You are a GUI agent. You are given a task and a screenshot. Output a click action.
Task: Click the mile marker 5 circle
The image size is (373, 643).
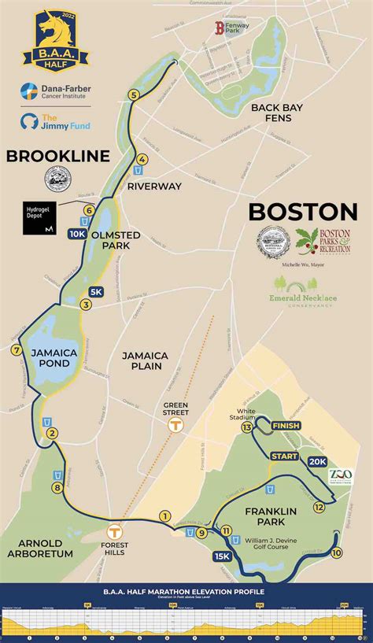(x=134, y=95)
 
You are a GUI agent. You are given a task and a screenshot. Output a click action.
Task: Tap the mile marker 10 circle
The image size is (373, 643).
(x=337, y=553)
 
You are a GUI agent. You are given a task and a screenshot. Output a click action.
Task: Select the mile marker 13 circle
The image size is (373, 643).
(x=247, y=427)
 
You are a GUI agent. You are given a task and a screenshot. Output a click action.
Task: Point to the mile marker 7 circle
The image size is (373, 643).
(x=15, y=350)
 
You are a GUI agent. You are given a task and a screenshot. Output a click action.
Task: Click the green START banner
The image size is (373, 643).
(x=285, y=456)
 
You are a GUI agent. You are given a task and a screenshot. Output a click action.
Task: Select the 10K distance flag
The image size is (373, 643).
(x=77, y=234)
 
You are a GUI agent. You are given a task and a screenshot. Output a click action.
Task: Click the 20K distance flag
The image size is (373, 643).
(x=318, y=461)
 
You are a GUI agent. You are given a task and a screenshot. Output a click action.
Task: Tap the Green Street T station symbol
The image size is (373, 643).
(x=175, y=423)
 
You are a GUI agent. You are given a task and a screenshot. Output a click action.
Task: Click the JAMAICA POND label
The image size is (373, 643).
(x=54, y=358)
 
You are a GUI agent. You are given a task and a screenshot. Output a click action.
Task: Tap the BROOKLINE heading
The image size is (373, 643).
(x=58, y=156)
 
